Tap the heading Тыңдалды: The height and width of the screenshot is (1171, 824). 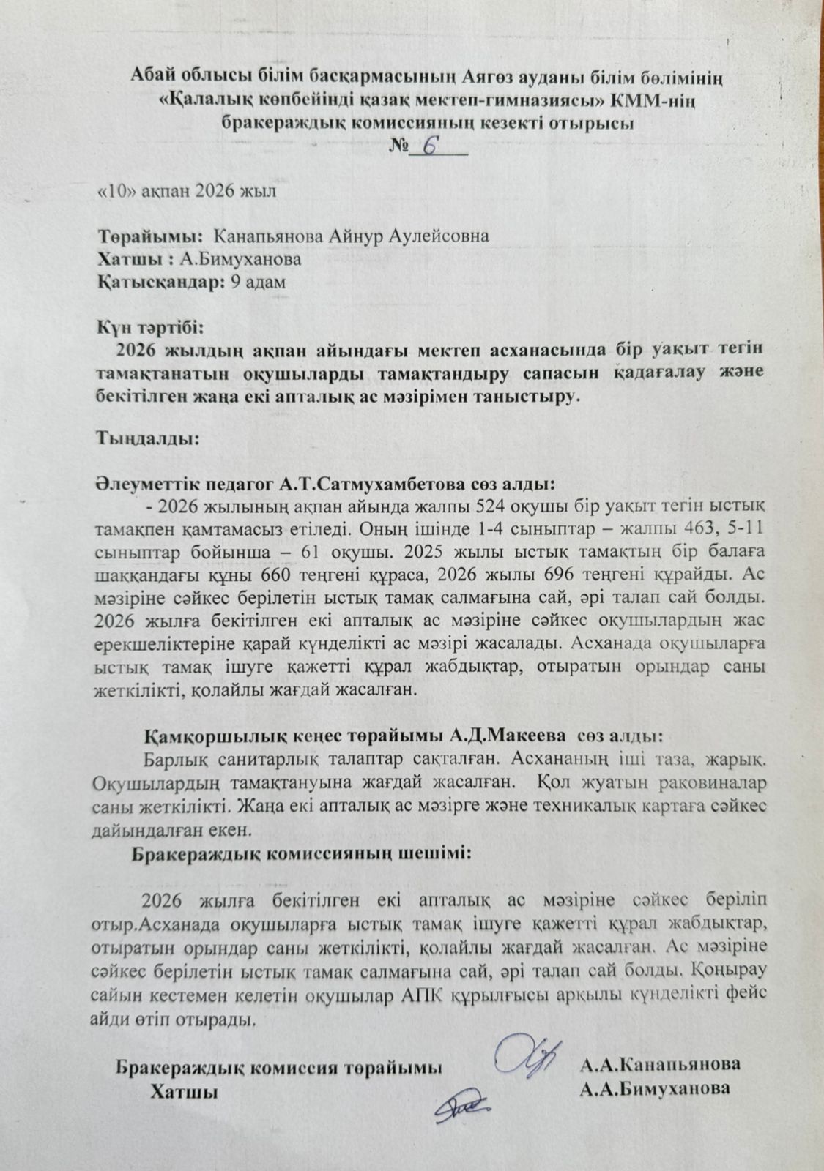point(146,439)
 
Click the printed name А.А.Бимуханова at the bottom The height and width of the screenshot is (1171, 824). point(654,1088)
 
